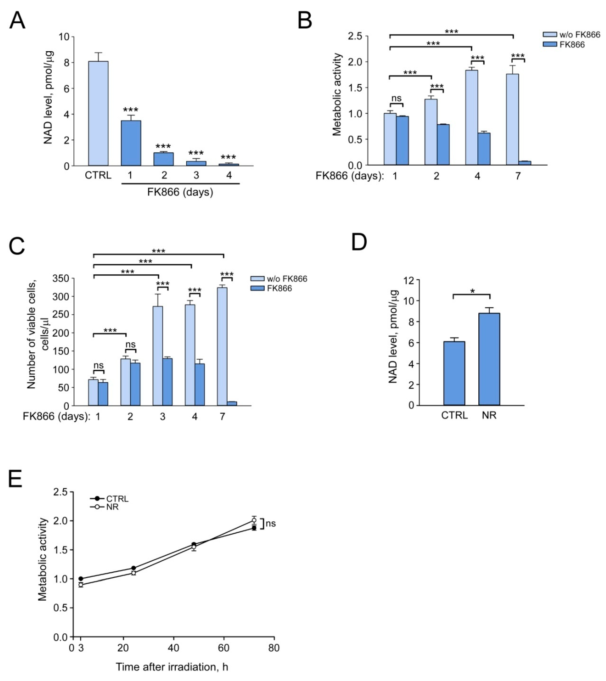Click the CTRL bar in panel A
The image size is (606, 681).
tap(98, 113)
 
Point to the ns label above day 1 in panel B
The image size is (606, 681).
tap(396, 98)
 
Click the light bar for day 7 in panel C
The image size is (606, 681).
tap(222, 346)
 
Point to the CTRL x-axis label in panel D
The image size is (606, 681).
tap(454, 415)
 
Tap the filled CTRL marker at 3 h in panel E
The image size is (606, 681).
tap(81, 579)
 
